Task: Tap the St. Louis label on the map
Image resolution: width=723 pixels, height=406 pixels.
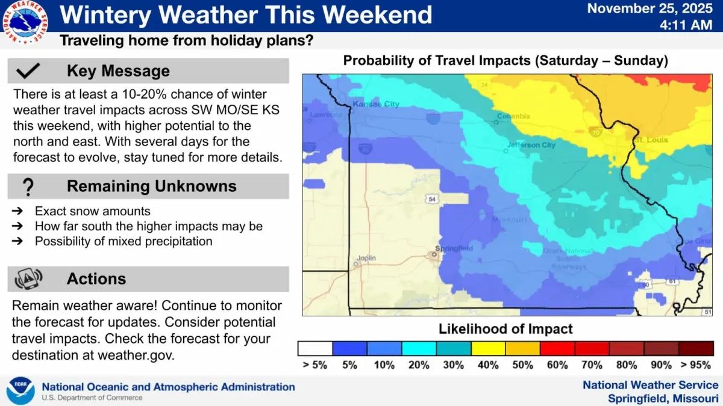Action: (651, 140)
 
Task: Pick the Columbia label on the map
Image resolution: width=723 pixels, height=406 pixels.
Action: (514, 116)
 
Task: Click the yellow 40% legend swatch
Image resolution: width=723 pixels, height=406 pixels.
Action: (488, 349)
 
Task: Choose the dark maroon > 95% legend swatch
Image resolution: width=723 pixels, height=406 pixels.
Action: (696, 349)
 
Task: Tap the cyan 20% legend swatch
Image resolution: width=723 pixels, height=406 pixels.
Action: (419, 349)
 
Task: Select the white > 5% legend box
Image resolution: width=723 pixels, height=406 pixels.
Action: (315, 349)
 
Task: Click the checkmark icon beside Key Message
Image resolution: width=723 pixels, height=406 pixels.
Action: (28, 72)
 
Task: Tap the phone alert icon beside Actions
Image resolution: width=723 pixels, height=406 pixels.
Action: (28, 279)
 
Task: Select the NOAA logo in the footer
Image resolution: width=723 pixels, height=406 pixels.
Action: (20, 391)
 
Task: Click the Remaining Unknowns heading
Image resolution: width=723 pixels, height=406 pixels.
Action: (152, 186)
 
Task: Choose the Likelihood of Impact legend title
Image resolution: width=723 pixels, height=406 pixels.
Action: (505, 329)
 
